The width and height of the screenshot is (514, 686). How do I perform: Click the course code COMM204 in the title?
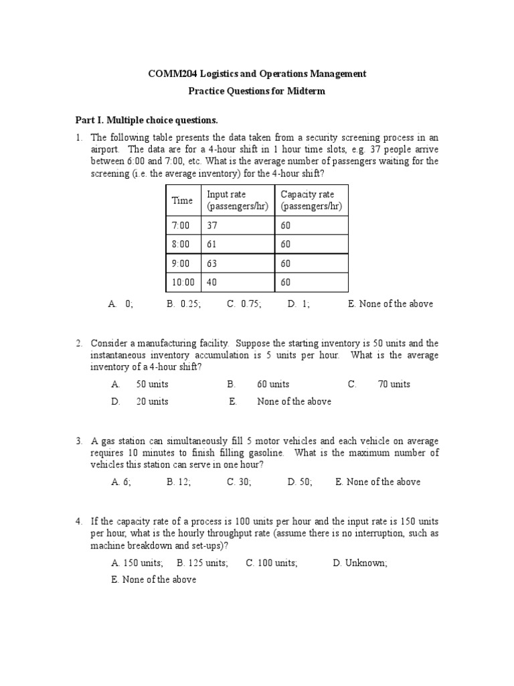tap(171, 74)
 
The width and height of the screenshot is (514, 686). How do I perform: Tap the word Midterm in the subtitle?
tap(303, 91)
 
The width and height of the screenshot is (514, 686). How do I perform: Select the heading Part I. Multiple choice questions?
tap(146, 120)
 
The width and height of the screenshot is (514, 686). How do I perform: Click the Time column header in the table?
tap(182, 200)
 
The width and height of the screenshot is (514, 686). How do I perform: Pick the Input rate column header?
tap(237, 200)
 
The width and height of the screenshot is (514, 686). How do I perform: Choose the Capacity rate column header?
tap(311, 200)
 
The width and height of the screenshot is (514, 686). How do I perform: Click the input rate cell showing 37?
tap(213, 226)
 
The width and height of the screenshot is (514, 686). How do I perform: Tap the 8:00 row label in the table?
tap(181, 245)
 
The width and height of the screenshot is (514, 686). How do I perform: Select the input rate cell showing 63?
tap(213, 263)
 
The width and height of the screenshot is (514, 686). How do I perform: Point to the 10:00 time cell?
tap(183, 282)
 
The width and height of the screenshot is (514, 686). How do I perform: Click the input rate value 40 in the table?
tap(213, 282)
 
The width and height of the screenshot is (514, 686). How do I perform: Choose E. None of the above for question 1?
tap(390, 303)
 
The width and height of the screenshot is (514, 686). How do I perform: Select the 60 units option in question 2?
tap(272, 384)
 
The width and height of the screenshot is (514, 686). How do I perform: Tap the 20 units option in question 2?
tap(152, 401)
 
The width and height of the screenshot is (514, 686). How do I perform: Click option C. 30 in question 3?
tap(239, 482)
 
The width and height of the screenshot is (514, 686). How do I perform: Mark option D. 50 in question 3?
tap(300, 482)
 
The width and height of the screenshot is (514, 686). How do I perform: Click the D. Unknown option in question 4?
tap(359, 563)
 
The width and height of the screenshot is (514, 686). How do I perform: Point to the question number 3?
tap(79, 441)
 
